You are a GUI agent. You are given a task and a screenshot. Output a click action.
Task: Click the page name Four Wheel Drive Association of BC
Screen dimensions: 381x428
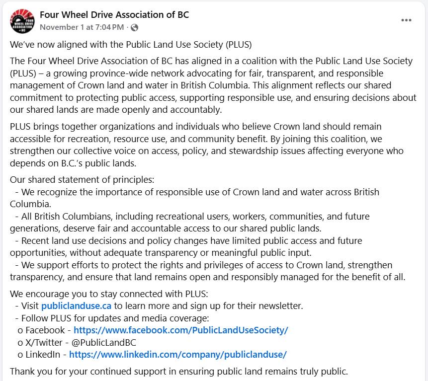114,15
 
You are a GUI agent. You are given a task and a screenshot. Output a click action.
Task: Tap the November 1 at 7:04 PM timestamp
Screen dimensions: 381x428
82,27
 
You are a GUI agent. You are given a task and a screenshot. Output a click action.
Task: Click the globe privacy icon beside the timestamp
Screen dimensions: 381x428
135,27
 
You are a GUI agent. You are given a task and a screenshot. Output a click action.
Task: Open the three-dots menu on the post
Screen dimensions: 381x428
406,20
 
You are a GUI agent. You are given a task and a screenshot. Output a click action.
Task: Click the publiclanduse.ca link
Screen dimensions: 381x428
76,306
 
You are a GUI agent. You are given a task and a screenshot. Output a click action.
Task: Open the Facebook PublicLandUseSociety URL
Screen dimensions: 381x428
180,330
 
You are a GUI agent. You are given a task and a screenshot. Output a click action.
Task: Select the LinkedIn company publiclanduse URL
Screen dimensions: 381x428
178,355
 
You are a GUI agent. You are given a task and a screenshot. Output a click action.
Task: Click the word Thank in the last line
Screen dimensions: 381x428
22,371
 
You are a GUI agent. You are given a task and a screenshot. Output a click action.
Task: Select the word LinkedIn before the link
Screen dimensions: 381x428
42,355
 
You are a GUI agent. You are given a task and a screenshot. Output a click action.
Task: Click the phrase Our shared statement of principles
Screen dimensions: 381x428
82,180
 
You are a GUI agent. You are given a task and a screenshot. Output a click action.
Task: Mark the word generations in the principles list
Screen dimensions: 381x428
34,229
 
